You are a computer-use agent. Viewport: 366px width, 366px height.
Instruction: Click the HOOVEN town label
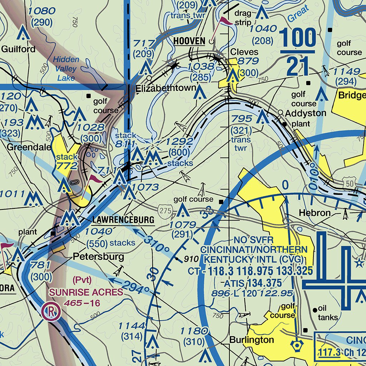189,41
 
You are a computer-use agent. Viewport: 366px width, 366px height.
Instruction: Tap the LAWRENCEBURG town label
123,219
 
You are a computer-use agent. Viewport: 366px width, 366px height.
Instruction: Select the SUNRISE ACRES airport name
86,292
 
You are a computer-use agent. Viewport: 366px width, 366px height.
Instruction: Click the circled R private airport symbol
51,312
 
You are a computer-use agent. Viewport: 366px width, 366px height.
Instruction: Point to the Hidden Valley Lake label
66,68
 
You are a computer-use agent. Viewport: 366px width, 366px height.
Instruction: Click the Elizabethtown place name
165,88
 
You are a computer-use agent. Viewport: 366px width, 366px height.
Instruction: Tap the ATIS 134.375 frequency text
253,283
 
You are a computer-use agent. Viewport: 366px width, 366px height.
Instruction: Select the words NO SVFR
253,240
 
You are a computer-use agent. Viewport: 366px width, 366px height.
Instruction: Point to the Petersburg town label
99,257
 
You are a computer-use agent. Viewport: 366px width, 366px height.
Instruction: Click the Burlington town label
252,339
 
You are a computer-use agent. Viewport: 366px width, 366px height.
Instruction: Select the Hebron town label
315,213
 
